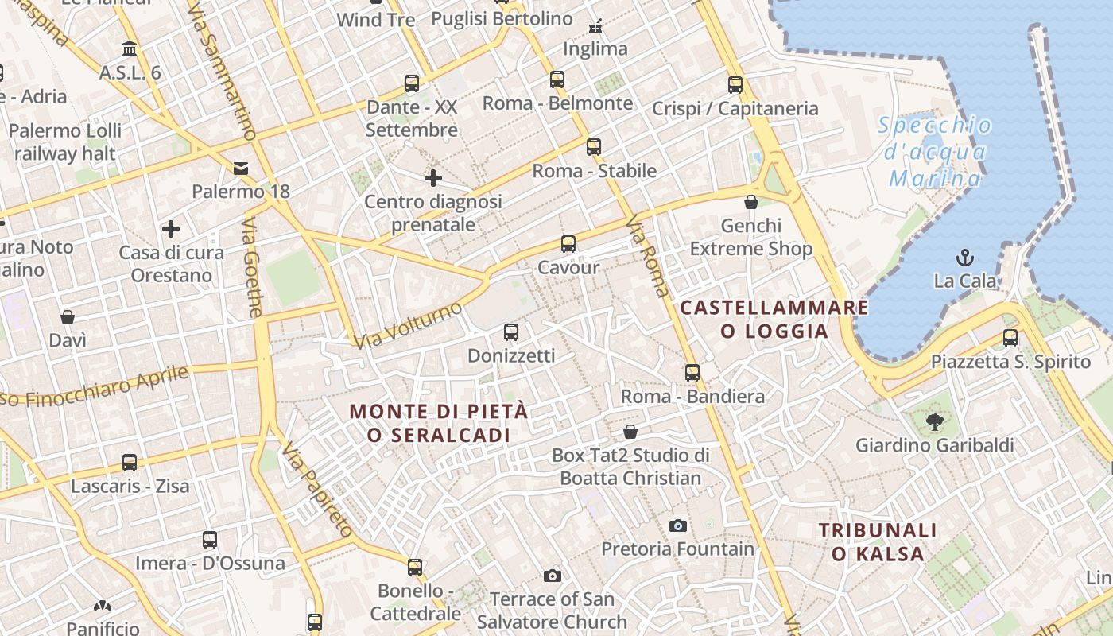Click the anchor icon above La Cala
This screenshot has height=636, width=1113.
(x=965, y=258)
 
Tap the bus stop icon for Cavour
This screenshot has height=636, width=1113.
(x=568, y=244)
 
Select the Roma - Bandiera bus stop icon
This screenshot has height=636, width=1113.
(x=692, y=372)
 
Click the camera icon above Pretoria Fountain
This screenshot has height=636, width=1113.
(x=678, y=525)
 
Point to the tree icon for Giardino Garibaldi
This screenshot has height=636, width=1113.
(x=934, y=421)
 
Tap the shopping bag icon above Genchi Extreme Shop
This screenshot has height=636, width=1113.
(x=751, y=202)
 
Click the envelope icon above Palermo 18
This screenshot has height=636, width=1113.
(x=241, y=168)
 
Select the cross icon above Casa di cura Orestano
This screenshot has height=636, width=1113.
(x=171, y=229)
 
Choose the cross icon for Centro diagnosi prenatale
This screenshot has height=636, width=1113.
(x=432, y=178)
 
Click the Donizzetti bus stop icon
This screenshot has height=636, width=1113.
(x=511, y=332)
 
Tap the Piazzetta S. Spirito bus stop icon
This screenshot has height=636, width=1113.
(x=1010, y=338)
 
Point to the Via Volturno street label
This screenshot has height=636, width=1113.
(x=408, y=325)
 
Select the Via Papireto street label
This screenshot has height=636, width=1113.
(x=316, y=489)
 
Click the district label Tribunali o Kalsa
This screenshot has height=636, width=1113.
(x=878, y=541)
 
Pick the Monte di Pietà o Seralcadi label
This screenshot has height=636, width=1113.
(x=439, y=423)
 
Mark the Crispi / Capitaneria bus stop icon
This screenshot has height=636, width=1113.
(x=735, y=84)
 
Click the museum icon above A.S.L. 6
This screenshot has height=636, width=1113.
(x=130, y=49)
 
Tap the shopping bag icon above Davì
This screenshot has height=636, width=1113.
(x=68, y=317)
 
